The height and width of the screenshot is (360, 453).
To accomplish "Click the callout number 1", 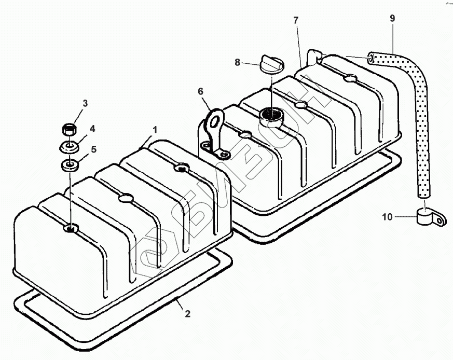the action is point(155,130).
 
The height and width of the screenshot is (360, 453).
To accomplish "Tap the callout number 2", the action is point(187,313).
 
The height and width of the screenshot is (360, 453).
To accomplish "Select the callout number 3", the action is point(85,103).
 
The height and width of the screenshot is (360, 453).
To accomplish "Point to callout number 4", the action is point(92,129).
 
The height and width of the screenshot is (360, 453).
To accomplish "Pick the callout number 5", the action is point(93,149).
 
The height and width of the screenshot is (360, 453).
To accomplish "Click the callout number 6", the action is point(200,91).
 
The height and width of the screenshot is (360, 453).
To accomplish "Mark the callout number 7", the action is point(296,20).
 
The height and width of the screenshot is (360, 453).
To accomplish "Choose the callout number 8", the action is point(238,62).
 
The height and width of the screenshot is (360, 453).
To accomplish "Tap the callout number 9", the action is point(392,18).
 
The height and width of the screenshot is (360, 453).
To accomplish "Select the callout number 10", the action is point(388,217).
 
